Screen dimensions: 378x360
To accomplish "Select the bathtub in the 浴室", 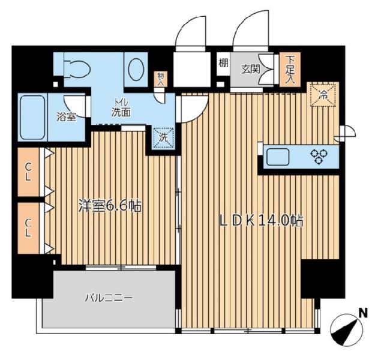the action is pyautogui.click(x=32, y=118).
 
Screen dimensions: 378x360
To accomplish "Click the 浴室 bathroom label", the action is pyautogui.click(x=67, y=117).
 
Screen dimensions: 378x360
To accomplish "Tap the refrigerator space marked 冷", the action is pyautogui.click(x=323, y=94).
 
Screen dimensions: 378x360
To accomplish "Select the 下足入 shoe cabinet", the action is pyautogui.click(x=290, y=70).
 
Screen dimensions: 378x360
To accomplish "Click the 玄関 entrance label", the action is pyautogui.click(x=251, y=69).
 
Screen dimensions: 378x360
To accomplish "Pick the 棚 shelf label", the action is pyautogui.click(x=223, y=64).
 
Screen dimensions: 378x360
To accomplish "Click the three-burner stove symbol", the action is pyautogui.click(x=319, y=156).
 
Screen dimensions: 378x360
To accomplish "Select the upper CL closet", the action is pyautogui.click(x=28, y=172).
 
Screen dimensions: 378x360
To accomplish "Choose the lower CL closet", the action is pyautogui.click(x=28, y=227).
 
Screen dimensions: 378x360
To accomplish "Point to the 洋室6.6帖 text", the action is pyautogui.click(x=110, y=206).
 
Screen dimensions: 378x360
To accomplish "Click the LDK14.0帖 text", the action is pyautogui.click(x=260, y=220).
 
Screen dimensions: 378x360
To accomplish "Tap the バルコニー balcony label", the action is pyautogui.click(x=109, y=298).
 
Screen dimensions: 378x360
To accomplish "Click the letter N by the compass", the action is pyautogui.click(x=363, y=313).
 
